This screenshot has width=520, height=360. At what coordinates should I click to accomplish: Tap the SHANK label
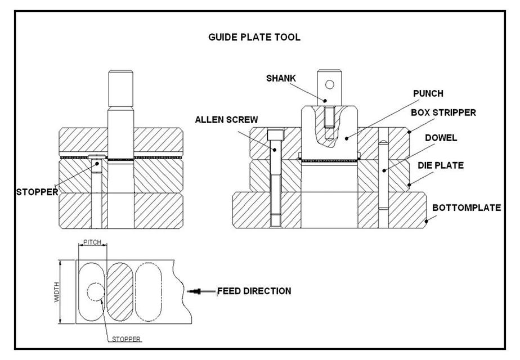[281, 78]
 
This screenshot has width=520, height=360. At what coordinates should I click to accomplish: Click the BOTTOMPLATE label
[467, 208]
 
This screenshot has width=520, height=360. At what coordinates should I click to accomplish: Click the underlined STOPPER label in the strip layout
[125, 339]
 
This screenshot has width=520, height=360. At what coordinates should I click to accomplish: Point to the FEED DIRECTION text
[254, 291]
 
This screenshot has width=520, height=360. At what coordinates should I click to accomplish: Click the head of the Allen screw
[275, 135]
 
